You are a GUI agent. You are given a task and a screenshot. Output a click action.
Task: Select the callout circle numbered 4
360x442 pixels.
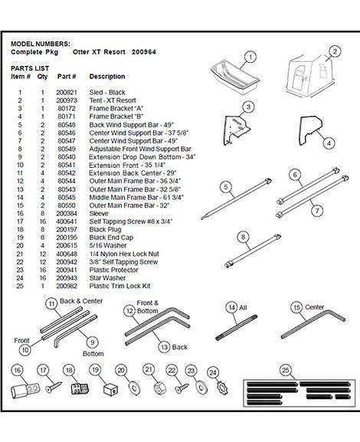tap(329, 143)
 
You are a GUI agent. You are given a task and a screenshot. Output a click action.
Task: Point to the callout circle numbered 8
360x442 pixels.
tap(244, 237)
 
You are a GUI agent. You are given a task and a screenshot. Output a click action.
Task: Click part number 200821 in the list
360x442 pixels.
tap(67, 93)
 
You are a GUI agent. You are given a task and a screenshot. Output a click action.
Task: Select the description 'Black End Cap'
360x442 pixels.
tap(111, 237)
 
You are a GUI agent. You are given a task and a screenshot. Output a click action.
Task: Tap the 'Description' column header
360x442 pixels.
tap(107, 77)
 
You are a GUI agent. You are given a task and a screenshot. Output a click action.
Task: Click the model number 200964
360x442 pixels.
tap(144, 52)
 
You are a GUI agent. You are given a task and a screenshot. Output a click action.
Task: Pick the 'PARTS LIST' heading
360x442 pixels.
tap(30, 68)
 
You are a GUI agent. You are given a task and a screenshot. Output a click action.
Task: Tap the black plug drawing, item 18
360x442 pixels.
tap(80, 388)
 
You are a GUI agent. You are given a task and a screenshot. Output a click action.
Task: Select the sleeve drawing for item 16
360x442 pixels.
tap(25, 390)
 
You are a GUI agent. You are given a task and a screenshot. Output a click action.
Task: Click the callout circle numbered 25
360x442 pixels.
tap(286, 370)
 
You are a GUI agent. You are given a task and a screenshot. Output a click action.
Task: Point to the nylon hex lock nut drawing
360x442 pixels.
tap(160, 388)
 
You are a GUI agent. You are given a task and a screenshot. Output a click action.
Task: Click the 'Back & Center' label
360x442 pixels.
tap(81, 301)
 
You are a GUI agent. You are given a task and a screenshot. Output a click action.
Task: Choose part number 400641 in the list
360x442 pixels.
tap(67, 221)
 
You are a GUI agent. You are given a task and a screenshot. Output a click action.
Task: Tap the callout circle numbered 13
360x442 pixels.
tap(164, 347)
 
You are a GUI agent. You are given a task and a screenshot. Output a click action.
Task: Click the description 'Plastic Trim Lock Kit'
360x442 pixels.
tap(119, 286)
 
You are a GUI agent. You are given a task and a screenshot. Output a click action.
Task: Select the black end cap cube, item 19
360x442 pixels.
tap(110, 390)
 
